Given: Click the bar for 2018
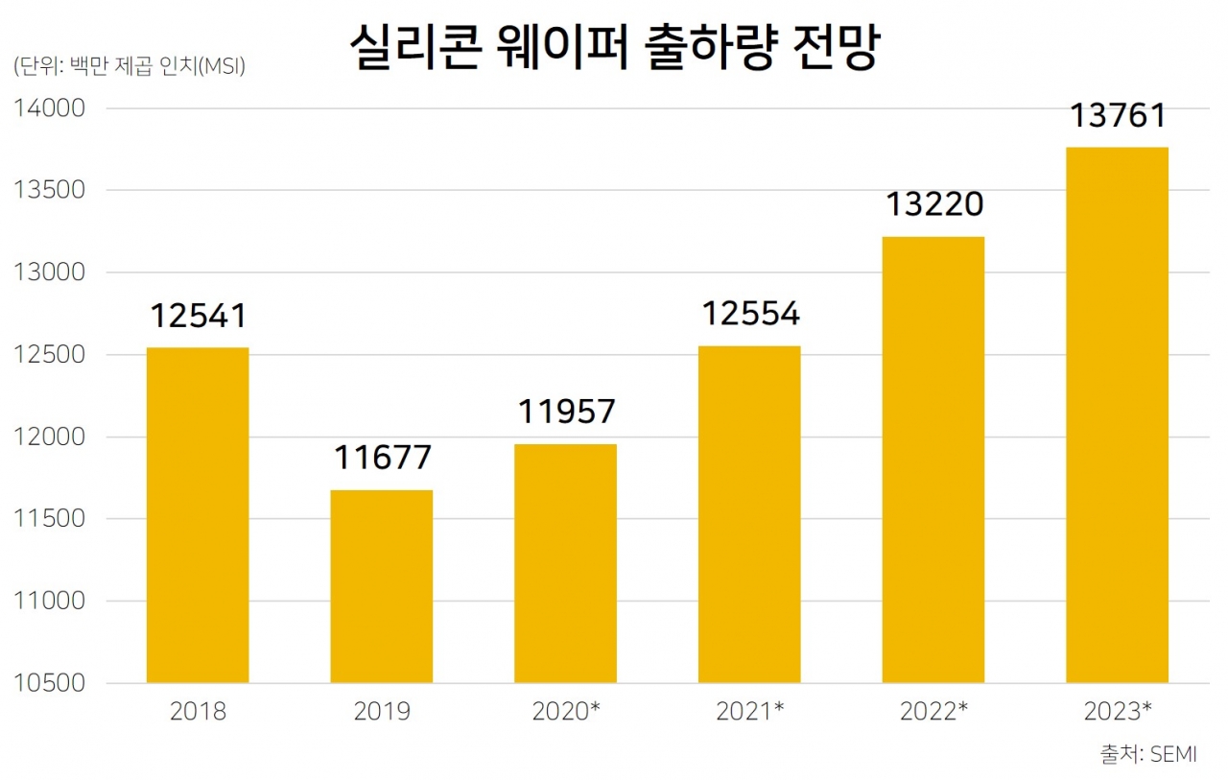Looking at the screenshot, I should tap(198, 515).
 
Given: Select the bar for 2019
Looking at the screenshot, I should tap(382, 586).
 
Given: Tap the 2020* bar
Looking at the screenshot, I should tap(566, 563).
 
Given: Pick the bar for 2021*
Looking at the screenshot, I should tap(749, 514).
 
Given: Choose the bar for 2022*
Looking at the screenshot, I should tap(933, 460).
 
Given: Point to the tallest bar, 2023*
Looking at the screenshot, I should tap(1118, 414).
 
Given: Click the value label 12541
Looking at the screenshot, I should tap(199, 316).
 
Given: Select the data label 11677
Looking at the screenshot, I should tap(382, 458).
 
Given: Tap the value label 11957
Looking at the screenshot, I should tap(566, 412).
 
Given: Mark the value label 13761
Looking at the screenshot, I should tap(1118, 116).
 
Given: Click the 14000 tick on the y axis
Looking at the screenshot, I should tap(50, 108).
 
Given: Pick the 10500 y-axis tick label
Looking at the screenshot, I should tap(50, 683).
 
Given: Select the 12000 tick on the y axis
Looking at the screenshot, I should tap(50, 437).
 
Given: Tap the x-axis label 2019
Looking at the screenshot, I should tap(382, 712).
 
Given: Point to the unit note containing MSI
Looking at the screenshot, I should tap(130, 67).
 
